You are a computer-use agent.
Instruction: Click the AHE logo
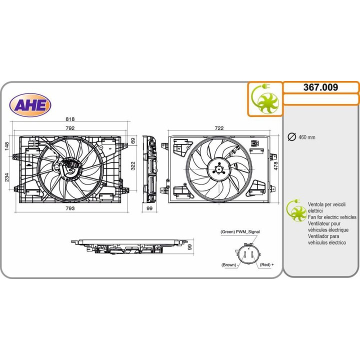pyautogui.click(x=30, y=105)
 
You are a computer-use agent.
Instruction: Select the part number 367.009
pyautogui.click(x=320, y=87)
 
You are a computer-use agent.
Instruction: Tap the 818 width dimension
pyautogui.click(x=70, y=119)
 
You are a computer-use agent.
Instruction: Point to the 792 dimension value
pyautogui.click(x=70, y=128)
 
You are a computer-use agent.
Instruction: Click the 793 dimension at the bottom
pyautogui.click(x=70, y=208)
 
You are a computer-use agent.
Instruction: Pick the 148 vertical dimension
pyautogui.click(x=6, y=146)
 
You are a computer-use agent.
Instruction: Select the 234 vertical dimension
pyautogui.click(x=6, y=177)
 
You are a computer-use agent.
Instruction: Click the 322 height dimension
pyautogui.click(x=133, y=166)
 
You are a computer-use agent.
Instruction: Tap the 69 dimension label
pyautogui.click(x=133, y=140)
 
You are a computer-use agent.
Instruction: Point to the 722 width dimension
pyautogui.click(x=219, y=128)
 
